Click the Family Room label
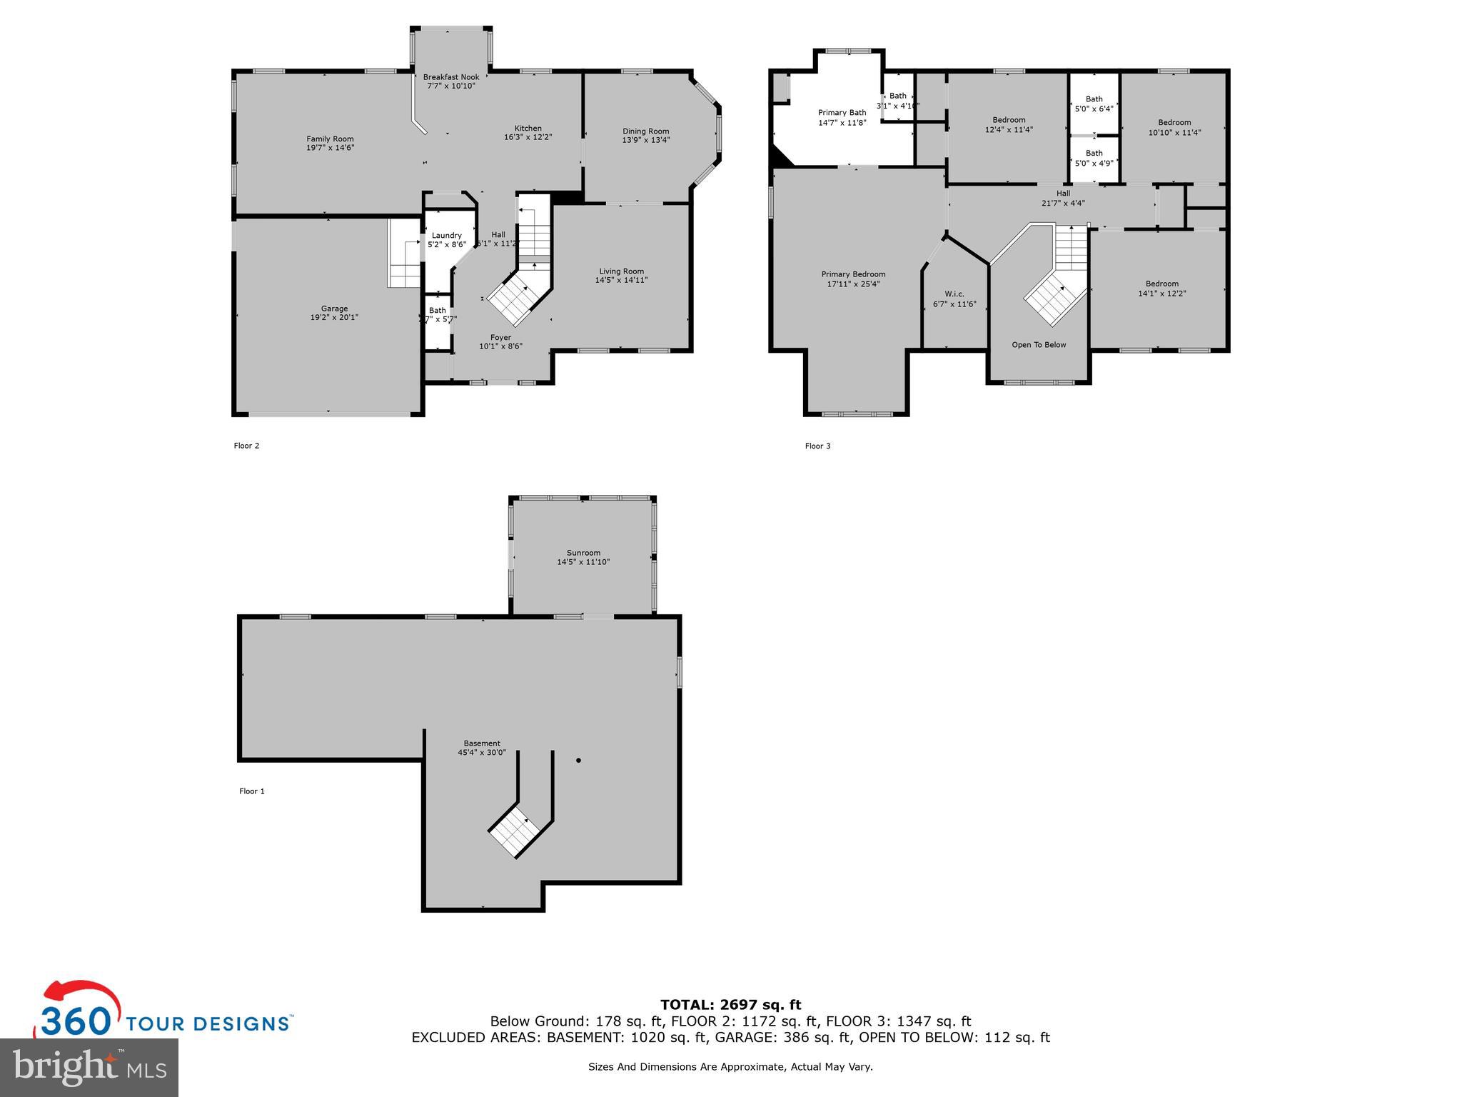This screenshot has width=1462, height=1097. (x=330, y=139)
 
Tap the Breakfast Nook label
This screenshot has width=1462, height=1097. (x=450, y=77)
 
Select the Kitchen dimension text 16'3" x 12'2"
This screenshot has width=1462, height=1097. (x=528, y=137)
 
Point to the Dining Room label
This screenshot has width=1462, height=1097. (x=645, y=131)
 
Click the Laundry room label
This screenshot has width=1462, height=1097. (x=446, y=236)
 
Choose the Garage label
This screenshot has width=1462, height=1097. (x=334, y=309)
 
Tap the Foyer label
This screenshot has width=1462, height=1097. (x=500, y=338)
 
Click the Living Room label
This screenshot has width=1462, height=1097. (x=621, y=271)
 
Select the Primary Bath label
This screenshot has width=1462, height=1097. (x=842, y=113)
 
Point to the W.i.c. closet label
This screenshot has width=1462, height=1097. (x=954, y=294)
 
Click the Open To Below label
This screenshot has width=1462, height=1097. (x=1039, y=345)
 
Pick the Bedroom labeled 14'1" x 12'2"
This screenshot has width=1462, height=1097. (x=1161, y=289)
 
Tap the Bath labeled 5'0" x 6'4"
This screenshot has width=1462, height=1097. (x=1094, y=104)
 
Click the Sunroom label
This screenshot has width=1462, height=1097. (x=583, y=553)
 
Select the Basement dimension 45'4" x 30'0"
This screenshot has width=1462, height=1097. (x=481, y=752)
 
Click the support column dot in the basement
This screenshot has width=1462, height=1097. (x=578, y=761)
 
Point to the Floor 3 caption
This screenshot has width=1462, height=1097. (x=817, y=446)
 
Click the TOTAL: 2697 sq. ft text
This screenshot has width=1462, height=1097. (x=730, y=1005)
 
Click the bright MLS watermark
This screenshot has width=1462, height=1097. (x=89, y=1067)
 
